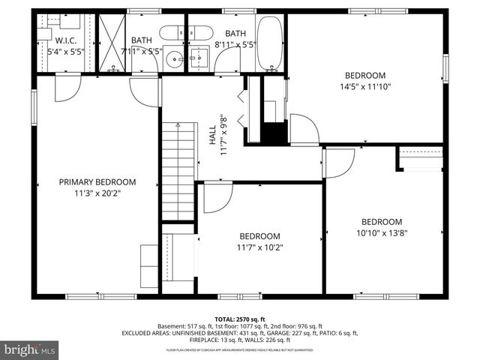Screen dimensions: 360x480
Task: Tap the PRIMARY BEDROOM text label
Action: [97, 181]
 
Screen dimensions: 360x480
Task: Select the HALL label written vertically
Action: [213, 135]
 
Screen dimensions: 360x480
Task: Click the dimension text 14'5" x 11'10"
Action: [365, 86]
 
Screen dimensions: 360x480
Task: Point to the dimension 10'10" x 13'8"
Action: [382, 232]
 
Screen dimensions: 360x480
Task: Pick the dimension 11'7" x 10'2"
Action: [259, 247]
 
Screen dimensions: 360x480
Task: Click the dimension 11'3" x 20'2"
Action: [97, 193]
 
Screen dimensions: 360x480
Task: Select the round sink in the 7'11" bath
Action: [174, 58]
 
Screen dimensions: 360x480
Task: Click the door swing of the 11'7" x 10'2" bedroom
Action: [217, 196]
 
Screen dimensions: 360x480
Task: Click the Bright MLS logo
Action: [30, 349]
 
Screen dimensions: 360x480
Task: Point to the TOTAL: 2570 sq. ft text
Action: [239, 319]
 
